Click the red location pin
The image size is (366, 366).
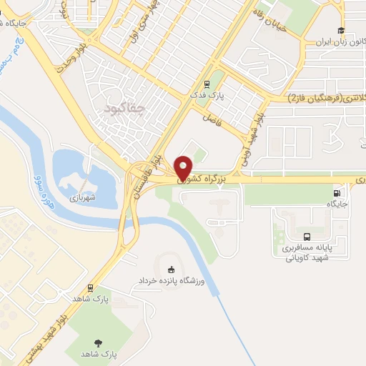[184, 167]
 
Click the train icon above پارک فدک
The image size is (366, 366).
[206, 83]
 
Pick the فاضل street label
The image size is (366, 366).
[209, 116]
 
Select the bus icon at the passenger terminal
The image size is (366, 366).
[307, 237]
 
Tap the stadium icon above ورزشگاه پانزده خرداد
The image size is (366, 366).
[170, 269]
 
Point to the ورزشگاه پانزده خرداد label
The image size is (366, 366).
[172, 282]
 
